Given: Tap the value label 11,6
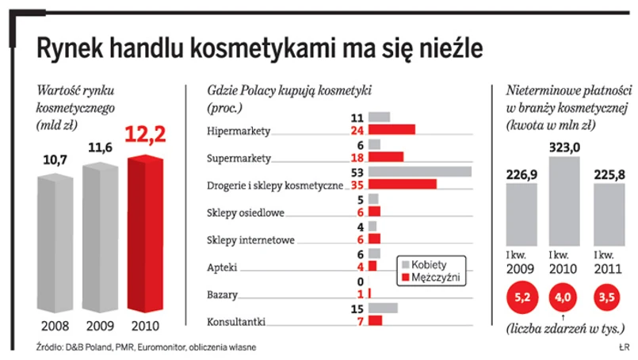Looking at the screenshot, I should tap(100, 147).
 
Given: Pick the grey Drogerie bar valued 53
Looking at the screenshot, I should tap(419, 172).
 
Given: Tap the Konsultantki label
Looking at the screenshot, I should tap(235, 322).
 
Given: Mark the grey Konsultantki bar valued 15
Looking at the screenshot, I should tap(383, 308).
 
